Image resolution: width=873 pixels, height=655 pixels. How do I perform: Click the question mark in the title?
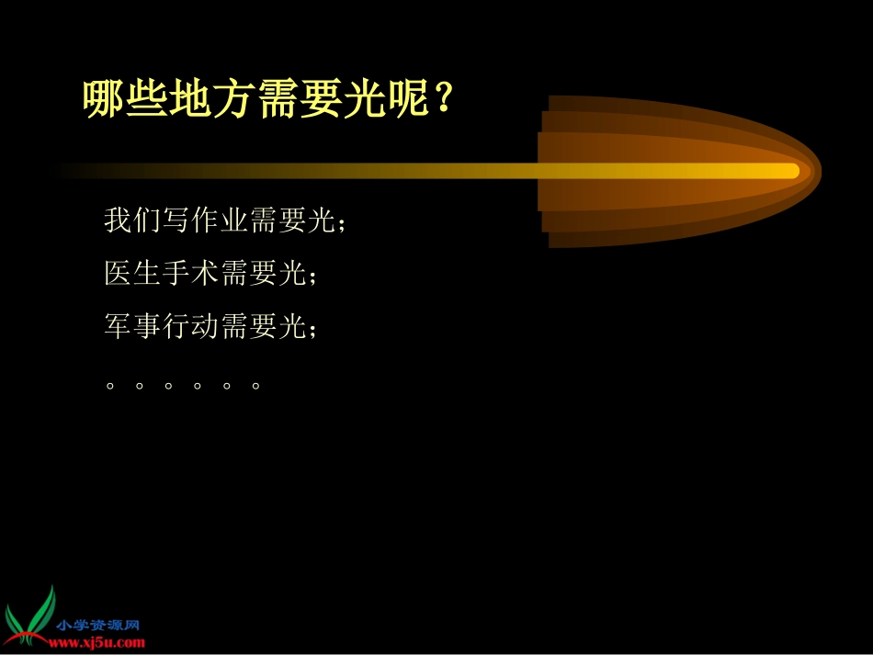pos(444,97)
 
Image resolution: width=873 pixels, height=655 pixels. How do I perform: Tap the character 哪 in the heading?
pos(104,98)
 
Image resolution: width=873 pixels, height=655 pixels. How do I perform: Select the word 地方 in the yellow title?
pos(212,98)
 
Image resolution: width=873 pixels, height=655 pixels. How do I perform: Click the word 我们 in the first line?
pos(132,220)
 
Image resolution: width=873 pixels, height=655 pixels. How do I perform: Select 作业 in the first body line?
pos(220,220)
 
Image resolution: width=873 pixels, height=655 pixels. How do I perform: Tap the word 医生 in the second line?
pos(132,273)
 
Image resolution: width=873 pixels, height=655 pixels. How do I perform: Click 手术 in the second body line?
pos(190,273)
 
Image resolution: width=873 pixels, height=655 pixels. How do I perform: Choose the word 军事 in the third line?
pos(132,325)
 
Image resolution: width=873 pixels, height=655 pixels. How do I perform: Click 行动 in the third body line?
pos(190,325)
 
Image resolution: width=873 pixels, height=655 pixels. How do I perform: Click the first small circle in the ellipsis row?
pos(110,386)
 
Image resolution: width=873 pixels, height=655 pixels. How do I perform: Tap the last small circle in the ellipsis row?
pos(255,386)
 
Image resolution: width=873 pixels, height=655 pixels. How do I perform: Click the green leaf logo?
pos(30,616)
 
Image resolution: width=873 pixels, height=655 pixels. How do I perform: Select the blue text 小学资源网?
pos(98,625)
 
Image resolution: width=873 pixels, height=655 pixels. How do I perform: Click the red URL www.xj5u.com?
pos(96,643)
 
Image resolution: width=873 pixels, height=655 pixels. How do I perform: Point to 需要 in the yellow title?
pos(299,98)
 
